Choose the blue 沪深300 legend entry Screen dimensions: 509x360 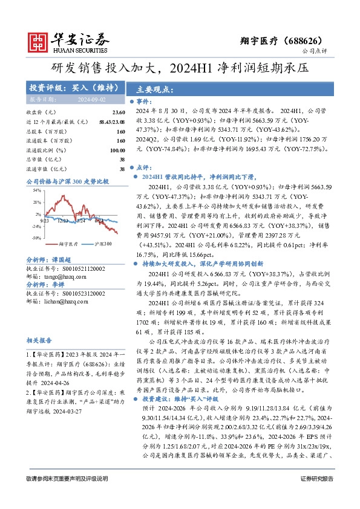103,244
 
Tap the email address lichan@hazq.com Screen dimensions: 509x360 64,308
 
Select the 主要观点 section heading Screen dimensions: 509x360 154,88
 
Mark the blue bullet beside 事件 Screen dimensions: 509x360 132,102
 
